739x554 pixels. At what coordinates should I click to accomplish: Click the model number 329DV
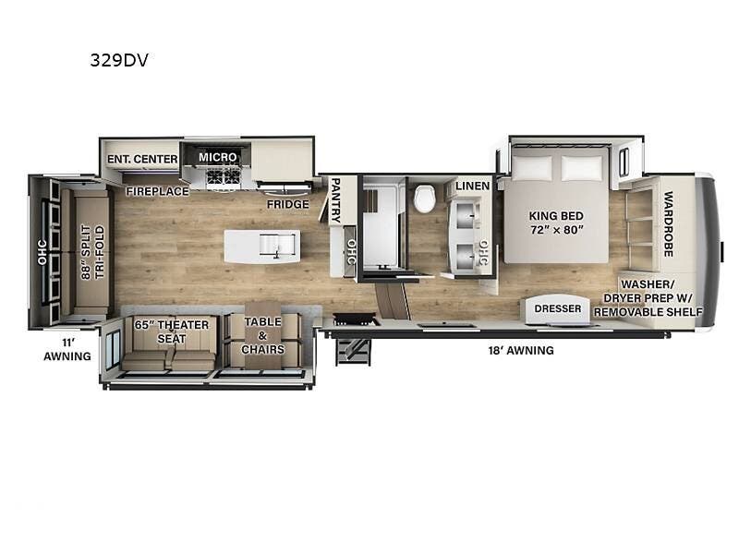pyautogui.click(x=119, y=60)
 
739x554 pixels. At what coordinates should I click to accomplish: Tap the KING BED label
pyautogui.click(x=556, y=216)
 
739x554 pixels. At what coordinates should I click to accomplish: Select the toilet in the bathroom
pyautogui.click(x=425, y=199)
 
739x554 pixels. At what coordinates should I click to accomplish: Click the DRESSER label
pyautogui.click(x=558, y=308)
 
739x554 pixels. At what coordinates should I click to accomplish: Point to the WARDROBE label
pyautogui.click(x=668, y=223)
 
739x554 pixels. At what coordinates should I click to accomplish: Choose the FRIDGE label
pyautogui.click(x=288, y=204)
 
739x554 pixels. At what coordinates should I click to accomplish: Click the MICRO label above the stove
pyautogui.click(x=217, y=157)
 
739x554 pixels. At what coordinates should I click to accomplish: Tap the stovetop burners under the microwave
pyautogui.click(x=223, y=177)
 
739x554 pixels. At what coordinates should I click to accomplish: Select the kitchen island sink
pyautogui.click(x=278, y=245)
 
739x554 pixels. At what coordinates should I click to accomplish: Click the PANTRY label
pyautogui.click(x=335, y=200)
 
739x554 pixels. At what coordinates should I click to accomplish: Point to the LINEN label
pyautogui.click(x=473, y=187)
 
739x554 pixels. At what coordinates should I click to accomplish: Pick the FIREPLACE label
pyautogui.click(x=157, y=191)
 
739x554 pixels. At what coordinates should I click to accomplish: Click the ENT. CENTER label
pyautogui.click(x=142, y=159)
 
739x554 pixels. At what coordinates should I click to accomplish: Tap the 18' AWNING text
pyautogui.click(x=521, y=351)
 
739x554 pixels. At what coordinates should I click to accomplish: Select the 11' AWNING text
pyautogui.click(x=67, y=350)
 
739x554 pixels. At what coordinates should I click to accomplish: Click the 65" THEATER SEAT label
pyautogui.click(x=172, y=331)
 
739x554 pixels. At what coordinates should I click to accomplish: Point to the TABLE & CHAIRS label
pyautogui.click(x=263, y=335)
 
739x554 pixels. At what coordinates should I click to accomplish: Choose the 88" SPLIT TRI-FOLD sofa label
pyautogui.click(x=93, y=252)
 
